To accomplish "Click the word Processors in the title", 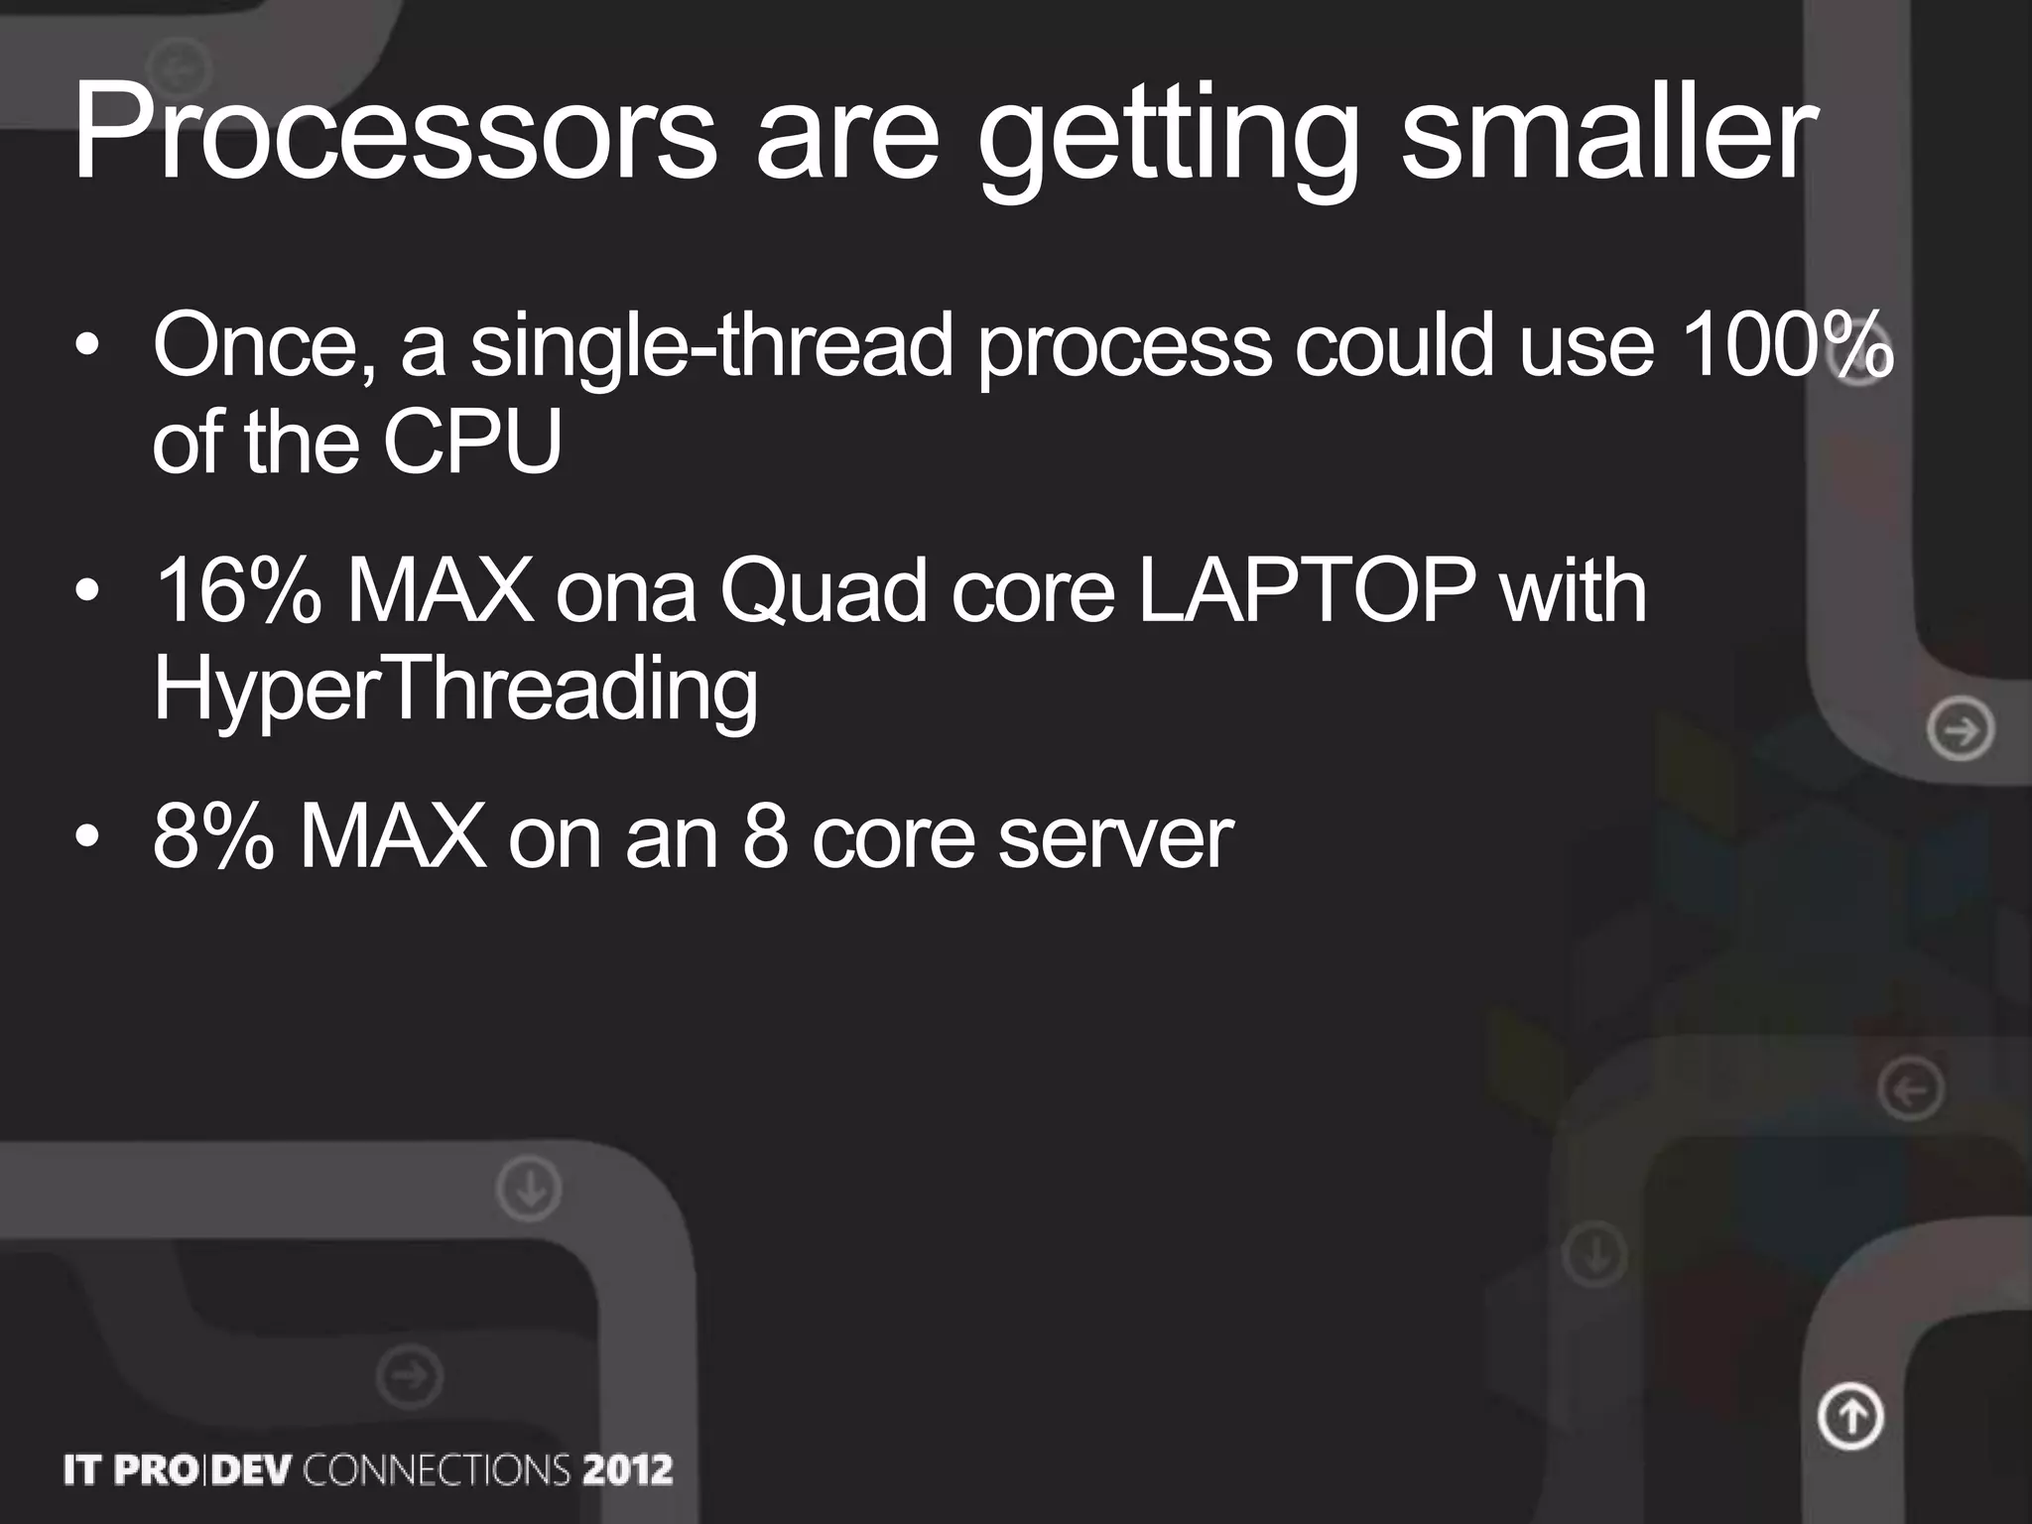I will [394, 134].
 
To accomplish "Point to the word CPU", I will [472, 442].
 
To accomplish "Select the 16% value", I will [238, 591].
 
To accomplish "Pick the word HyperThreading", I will [455, 692].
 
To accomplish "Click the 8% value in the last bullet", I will [212, 837].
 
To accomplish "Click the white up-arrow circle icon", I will [1850, 1416].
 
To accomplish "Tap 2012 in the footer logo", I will [627, 1469].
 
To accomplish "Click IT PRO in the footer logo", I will [129, 1469].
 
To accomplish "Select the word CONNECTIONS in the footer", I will [437, 1469].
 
